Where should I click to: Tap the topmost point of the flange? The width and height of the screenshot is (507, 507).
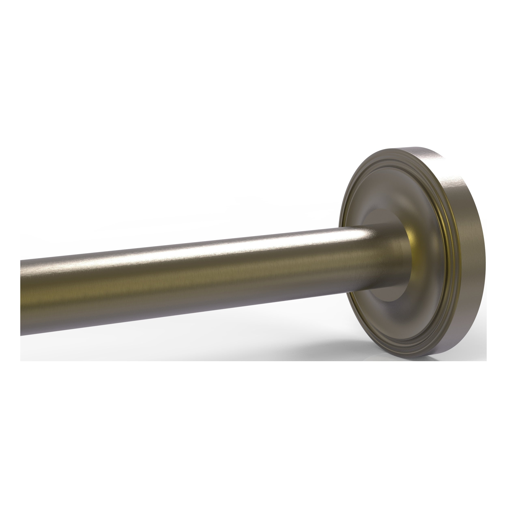[x=409, y=148]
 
